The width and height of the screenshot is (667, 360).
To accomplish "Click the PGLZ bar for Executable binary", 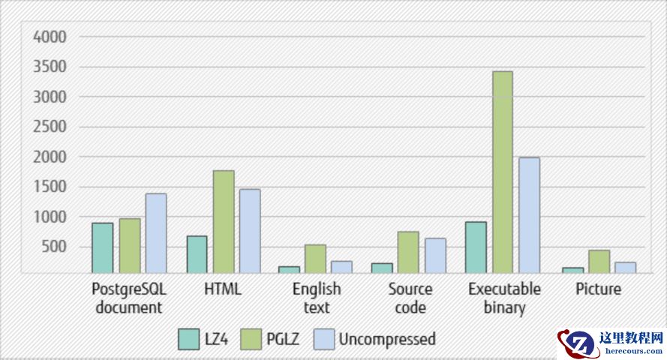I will coord(502,172).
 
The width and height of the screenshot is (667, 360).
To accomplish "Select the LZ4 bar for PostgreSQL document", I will coord(103,247).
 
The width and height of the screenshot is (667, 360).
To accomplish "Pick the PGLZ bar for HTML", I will coord(224,221).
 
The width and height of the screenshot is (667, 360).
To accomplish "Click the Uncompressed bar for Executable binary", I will coord(529,215).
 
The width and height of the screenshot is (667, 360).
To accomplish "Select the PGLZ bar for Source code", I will coord(409,252).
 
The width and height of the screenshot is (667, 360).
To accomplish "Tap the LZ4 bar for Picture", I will coord(573,270).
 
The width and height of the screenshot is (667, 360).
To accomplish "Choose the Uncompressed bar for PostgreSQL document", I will coord(156,233).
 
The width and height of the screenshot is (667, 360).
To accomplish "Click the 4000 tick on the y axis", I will coord(50,36).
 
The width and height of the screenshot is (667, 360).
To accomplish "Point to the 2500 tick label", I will coord(50,127).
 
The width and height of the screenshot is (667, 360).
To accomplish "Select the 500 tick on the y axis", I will coord(55,247).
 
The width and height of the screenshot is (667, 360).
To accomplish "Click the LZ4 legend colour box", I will coord(188,339).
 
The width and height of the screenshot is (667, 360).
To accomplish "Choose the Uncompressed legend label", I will coord(386,339).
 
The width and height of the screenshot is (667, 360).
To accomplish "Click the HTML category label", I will coord(223,289).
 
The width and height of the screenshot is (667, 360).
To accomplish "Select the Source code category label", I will coord(410,298).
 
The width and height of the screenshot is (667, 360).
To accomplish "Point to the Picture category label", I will coord(598,289).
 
